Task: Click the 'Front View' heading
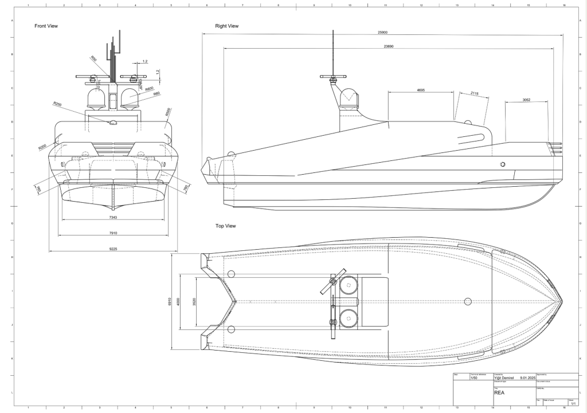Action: [x=46, y=26]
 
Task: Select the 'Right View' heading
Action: [x=226, y=26]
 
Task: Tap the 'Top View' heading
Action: [x=225, y=226]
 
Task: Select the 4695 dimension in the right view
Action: [x=421, y=90]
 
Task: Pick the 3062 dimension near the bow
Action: [x=526, y=100]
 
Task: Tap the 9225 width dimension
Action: [x=114, y=249]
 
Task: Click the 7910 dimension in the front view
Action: [x=114, y=233]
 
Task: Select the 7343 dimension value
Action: [x=114, y=217]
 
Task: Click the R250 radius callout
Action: [x=57, y=104]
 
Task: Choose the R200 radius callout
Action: [x=42, y=147]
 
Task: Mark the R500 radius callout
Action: [x=167, y=112]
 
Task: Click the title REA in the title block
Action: [x=499, y=394]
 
